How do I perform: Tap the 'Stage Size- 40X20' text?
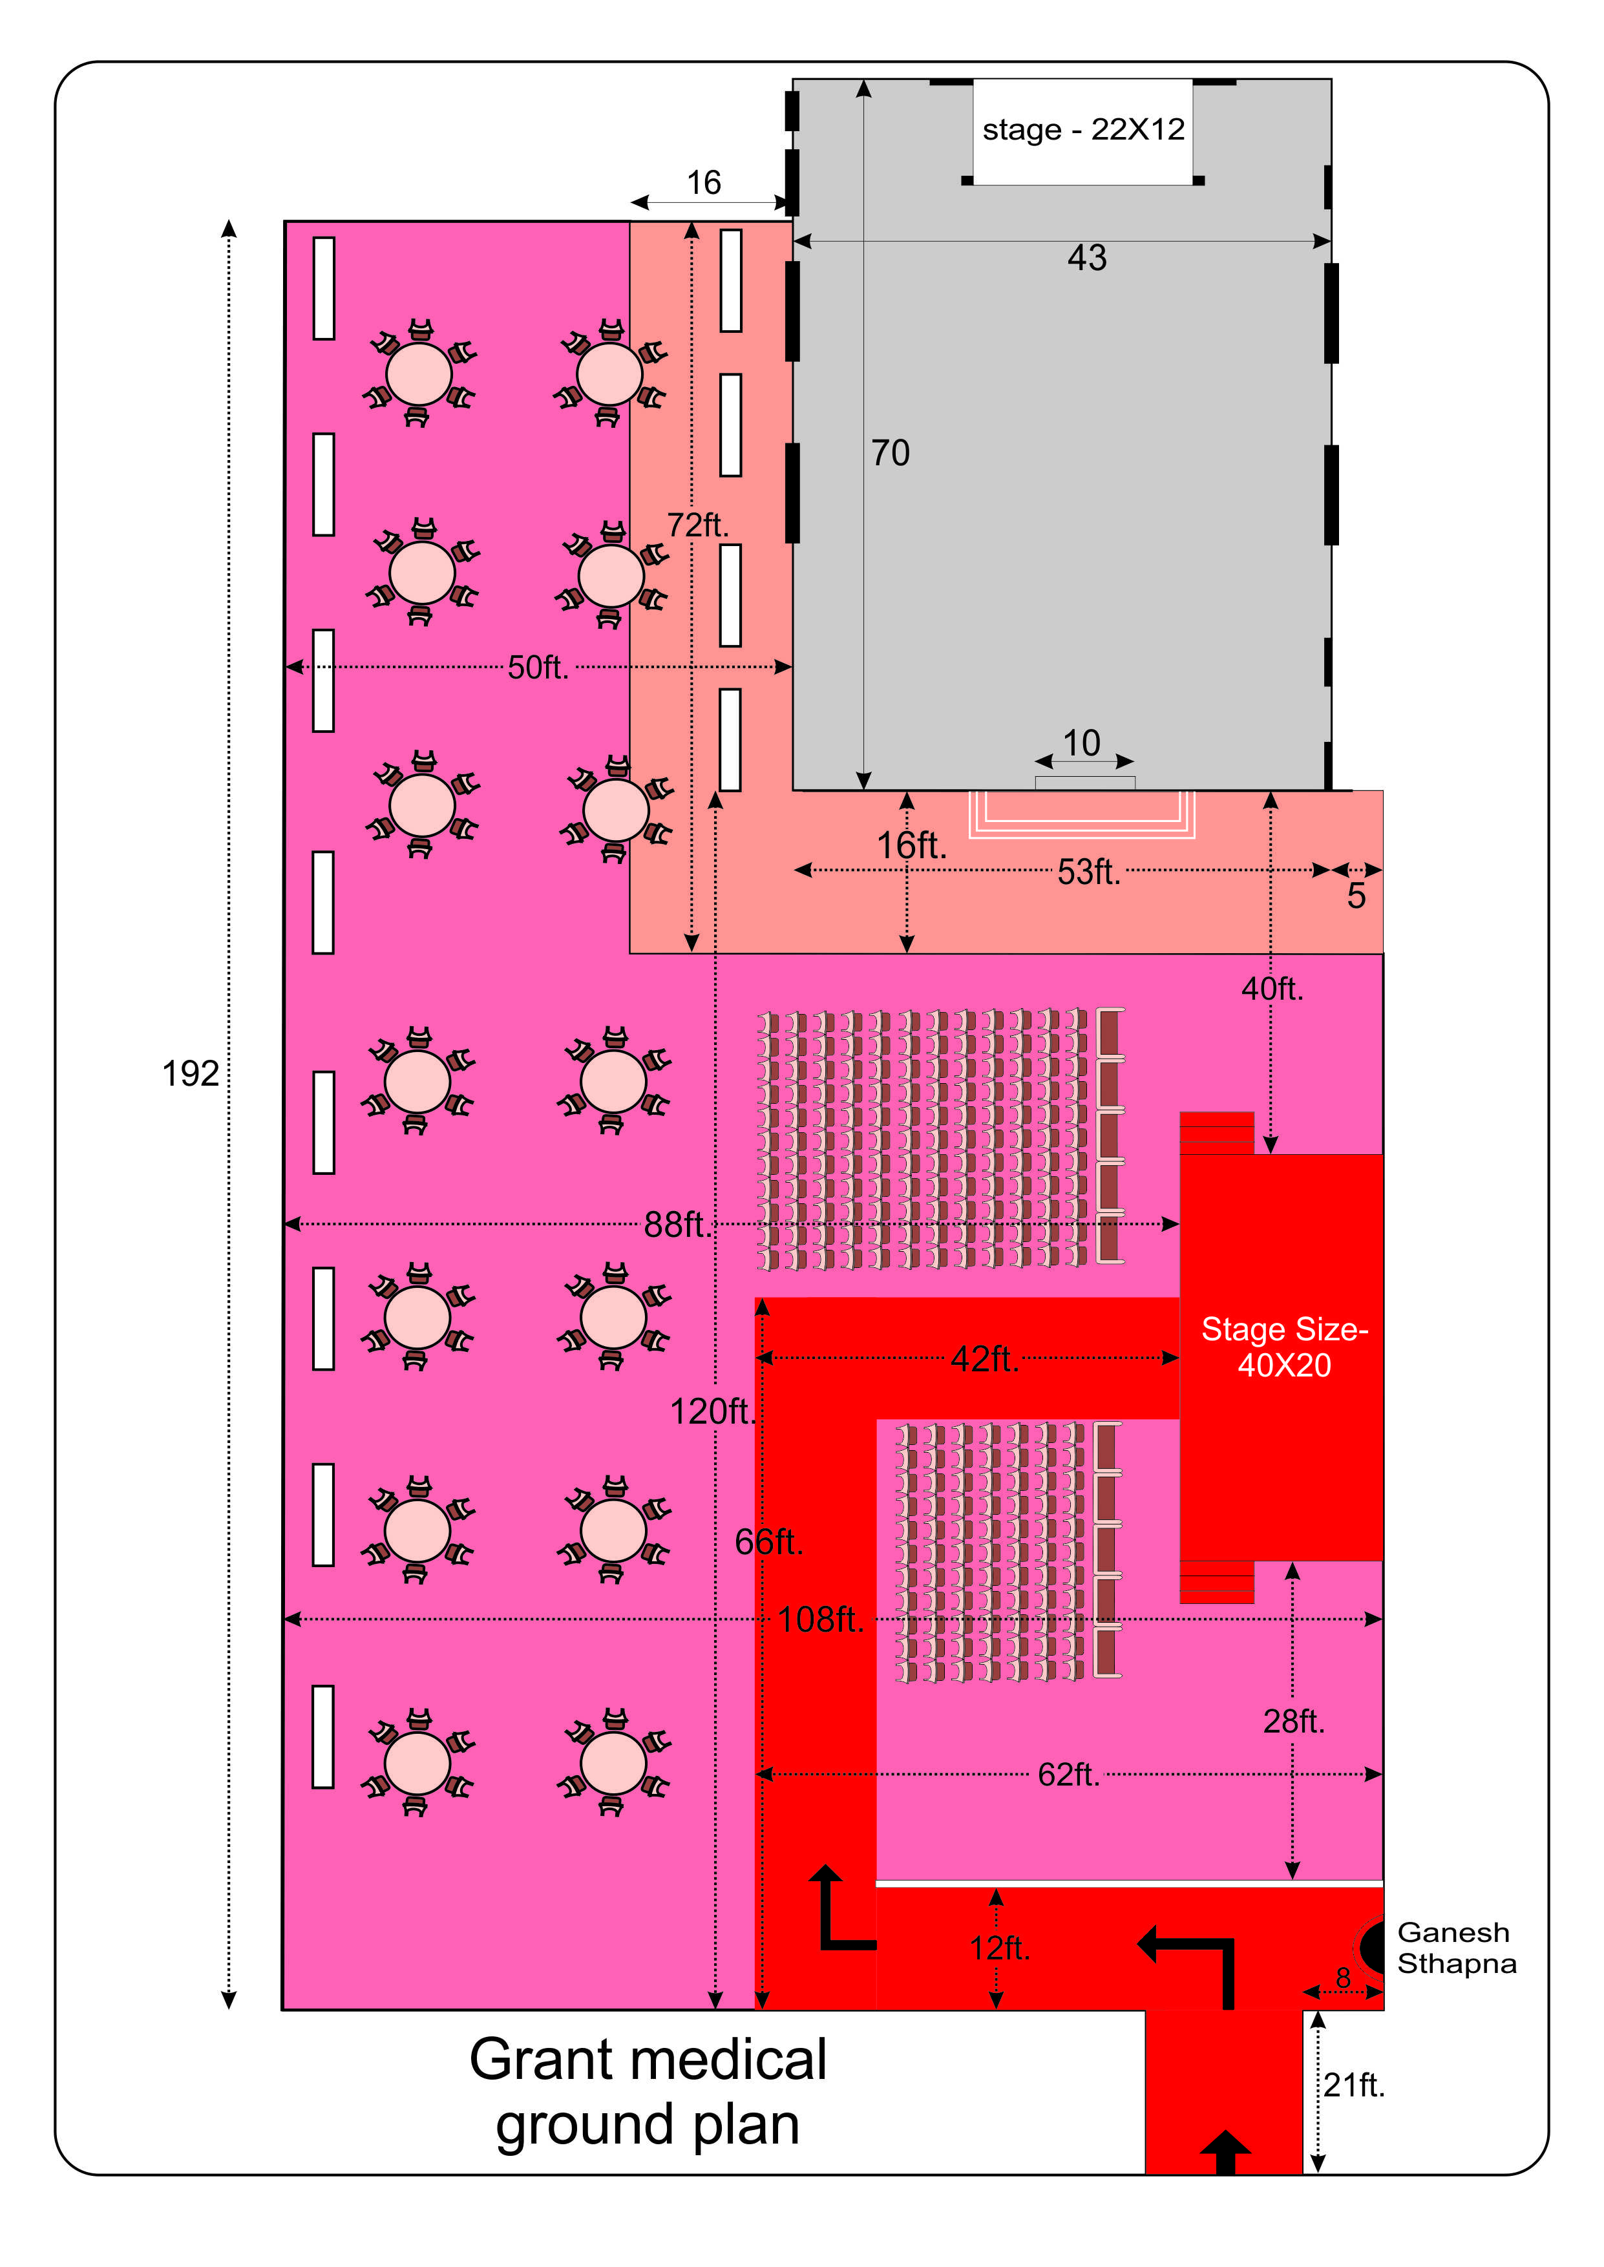click(1284, 1347)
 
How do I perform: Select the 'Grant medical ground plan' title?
click(648, 2091)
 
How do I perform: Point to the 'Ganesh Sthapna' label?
click(1456, 1947)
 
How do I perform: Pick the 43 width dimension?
click(1086, 258)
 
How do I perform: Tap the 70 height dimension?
click(890, 453)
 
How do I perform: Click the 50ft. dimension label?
click(538, 668)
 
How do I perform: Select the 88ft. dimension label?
click(677, 1225)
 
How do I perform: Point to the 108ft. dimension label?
click(820, 1619)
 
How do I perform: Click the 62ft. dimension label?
click(1068, 1775)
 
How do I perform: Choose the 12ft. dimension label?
click(1000, 1948)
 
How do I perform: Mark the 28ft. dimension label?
click(1294, 1722)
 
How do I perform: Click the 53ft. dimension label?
click(1088, 872)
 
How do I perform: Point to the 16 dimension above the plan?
click(704, 183)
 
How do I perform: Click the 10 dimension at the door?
click(1082, 743)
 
